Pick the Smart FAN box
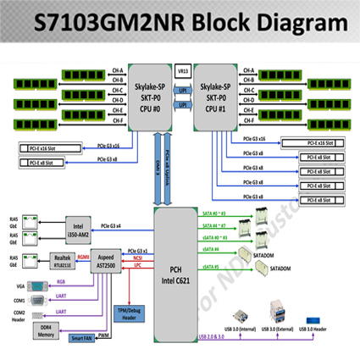pos(82,338)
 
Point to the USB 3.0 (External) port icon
pos(274,308)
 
